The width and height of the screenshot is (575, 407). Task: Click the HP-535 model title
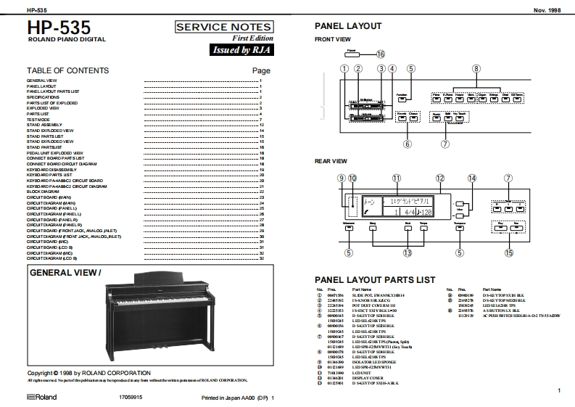tap(59, 28)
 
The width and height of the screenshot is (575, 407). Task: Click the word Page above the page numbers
tap(260, 71)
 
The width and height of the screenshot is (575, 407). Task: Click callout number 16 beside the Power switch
tap(380, 53)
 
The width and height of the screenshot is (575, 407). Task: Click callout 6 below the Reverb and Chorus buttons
tap(407, 144)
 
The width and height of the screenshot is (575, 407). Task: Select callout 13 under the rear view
tap(408, 252)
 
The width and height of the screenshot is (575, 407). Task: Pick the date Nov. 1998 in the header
tap(548, 9)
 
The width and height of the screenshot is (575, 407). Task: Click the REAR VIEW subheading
tap(331, 160)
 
